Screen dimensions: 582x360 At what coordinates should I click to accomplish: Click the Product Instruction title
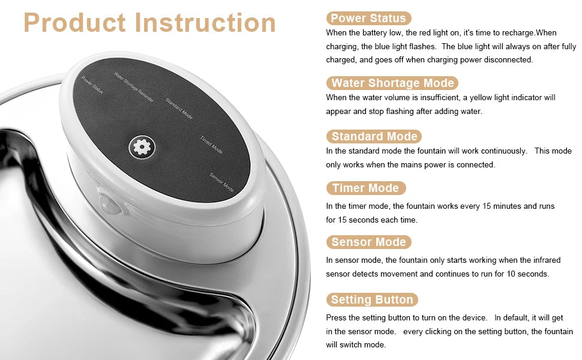[149, 23]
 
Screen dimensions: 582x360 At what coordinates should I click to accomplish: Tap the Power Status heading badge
[368, 18]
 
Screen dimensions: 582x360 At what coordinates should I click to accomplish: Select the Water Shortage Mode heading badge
[392, 83]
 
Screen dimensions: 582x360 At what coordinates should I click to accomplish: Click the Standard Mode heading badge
[374, 136]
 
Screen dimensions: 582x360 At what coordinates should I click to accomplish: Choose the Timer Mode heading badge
[365, 188]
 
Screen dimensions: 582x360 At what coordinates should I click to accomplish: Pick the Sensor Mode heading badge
[368, 242]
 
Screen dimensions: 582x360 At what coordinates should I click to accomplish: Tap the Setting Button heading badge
[372, 299]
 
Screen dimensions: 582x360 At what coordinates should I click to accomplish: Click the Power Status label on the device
[92, 85]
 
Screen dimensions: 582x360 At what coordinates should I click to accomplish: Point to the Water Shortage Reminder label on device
[134, 87]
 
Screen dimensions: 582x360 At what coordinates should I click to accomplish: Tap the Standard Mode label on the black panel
[179, 109]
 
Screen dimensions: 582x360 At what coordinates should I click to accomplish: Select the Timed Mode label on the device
[211, 145]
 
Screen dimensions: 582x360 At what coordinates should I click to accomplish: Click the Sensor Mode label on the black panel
[221, 182]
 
